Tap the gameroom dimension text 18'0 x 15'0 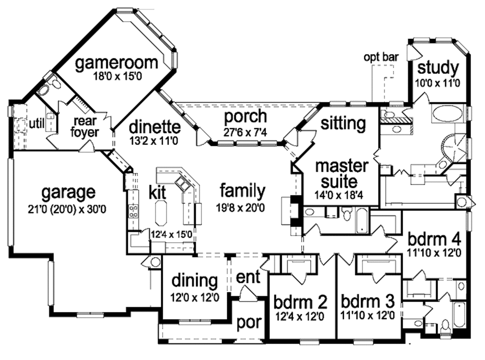pos(116,75)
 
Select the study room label pos(438,68)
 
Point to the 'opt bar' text pos(381,57)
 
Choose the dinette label pos(154,127)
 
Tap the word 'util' pos(36,124)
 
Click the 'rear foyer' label pos(86,127)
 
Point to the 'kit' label pos(158,193)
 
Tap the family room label pos(242,191)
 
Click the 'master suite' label pos(341,173)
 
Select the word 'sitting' pos(343,124)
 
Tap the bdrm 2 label pos(300,302)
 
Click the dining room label pos(195,281)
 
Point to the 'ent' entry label pos(248,277)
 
